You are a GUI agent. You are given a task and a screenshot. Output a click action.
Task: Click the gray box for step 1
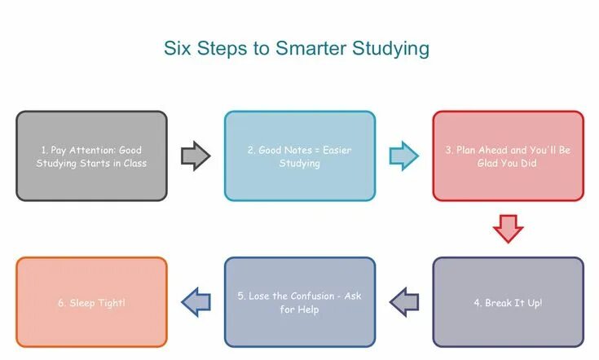tap(91, 156)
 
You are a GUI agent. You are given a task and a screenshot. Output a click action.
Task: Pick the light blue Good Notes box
tap(300, 156)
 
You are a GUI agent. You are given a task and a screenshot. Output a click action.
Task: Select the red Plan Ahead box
tap(508, 156)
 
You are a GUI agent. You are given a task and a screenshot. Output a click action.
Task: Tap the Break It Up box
tap(508, 302)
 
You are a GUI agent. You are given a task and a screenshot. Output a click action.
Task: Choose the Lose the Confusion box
tap(300, 302)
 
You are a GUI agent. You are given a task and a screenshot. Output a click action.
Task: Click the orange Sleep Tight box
tap(91, 302)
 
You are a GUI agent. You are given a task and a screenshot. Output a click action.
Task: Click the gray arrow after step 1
tap(196, 156)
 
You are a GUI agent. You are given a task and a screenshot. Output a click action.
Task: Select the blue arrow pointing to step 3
tap(403, 156)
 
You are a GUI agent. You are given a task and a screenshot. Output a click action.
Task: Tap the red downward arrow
tap(508, 229)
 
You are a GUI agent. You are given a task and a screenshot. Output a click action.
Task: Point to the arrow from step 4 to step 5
tap(404, 302)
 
